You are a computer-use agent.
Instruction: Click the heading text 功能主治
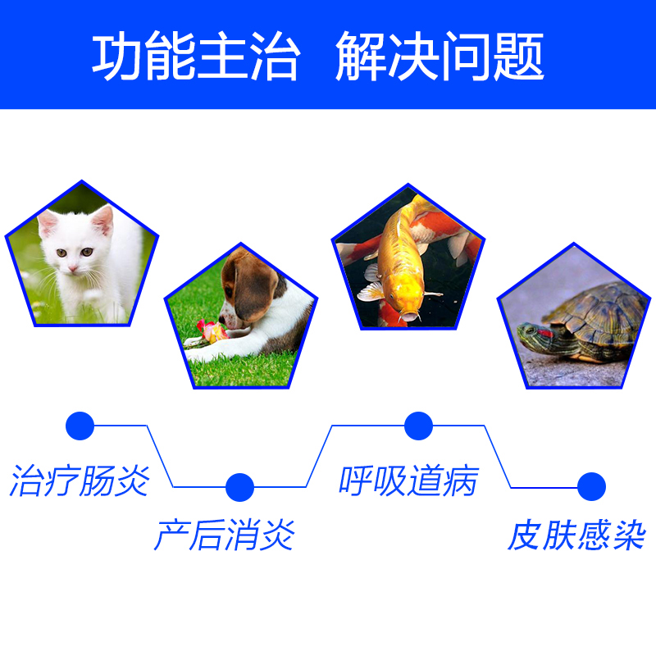pos(196,55)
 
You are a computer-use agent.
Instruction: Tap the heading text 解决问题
pos(440,55)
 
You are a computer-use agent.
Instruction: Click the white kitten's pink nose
pos(73,268)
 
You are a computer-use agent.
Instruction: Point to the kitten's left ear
pos(47,222)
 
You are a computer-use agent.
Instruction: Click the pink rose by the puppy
pos(212,331)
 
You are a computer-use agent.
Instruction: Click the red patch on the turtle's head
pos(544,333)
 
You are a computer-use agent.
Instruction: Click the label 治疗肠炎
pos(80,481)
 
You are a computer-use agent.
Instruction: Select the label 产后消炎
pos(225,535)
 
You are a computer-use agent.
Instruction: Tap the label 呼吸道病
pos(408,481)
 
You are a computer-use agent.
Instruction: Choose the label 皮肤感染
pos(577,535)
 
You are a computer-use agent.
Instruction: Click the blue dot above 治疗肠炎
pos(80,426)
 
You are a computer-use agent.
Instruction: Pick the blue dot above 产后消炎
pos(239,487)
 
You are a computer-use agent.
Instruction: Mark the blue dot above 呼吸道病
pos(418,426)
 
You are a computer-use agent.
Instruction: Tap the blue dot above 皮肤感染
pos(591,486)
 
